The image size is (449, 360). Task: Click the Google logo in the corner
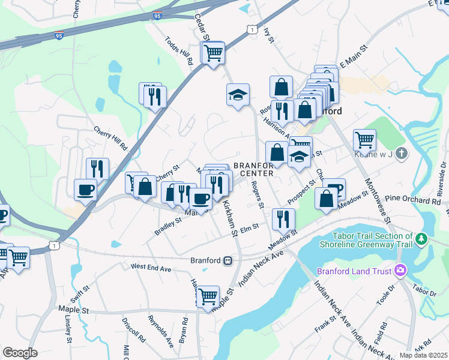pyautogui.click(x=20, y=353)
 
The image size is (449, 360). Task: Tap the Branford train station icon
pyautogui.click(x=228, y=261)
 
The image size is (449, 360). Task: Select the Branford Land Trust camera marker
pyautogui.click(x=399, y=271)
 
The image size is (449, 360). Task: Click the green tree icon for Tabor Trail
pyautogui.click(x=422, y=239)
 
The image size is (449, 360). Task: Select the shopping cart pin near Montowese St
pyautogui.click(x=364, y=140)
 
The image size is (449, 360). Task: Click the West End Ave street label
pyautogui.click(x=152, y=266)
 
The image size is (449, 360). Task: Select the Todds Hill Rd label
pyautogui.click(x=178, y=51)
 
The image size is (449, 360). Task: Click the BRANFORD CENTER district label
pyautogui.click(x=253, y=169)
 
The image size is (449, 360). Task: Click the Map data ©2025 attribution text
pyautogui.click(x=423, y=355)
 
